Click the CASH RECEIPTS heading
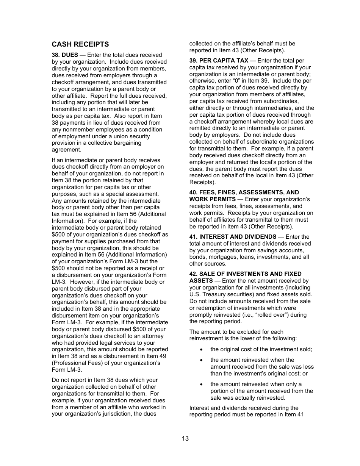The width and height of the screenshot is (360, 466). [80, 44]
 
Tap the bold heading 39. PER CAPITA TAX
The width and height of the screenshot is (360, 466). [219, 61]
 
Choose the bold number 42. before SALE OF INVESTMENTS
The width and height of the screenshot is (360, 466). [193, 274]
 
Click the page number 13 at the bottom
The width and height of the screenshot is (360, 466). [185, 439]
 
